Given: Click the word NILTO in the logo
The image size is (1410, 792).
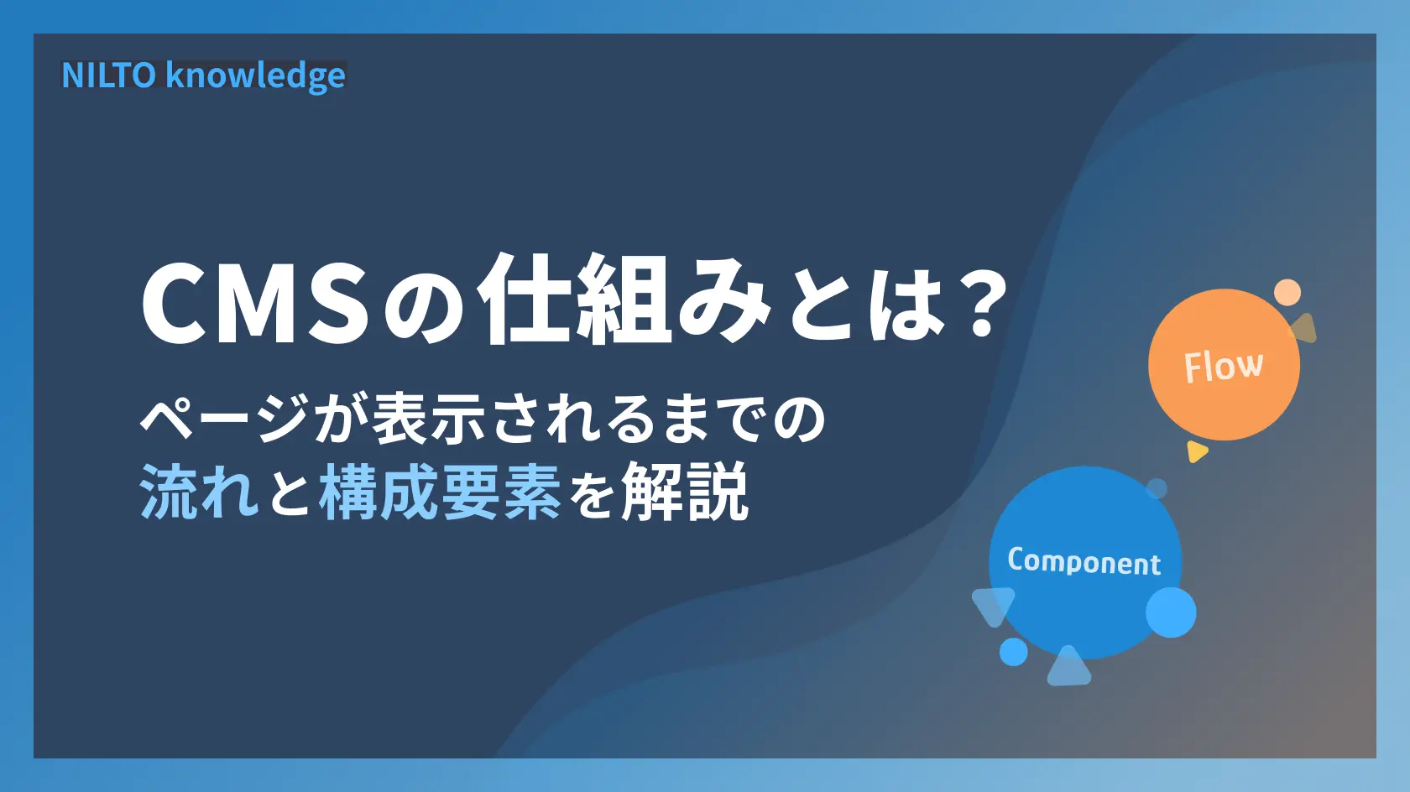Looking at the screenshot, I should pyautogui.click(x=108, y=76).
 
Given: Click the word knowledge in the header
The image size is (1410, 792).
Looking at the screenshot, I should pyautogui.click(x=255, y=76).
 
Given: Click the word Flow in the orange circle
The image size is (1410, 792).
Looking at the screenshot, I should pyautogui.click(x=1223, y=367).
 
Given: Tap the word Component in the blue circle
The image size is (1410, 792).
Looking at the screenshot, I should pyautogui.click(x=1084, y=561).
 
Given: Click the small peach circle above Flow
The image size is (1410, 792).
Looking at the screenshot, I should pyautogui.click(x=1287, y=293).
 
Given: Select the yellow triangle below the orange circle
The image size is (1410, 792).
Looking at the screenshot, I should pyautogui.click(x=1196, y=451).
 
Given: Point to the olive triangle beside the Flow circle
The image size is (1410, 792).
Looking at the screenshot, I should pyautogui.click(x=1303, y=329).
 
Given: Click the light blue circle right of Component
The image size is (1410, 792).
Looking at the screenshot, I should pyautogui.click(x=1171, y=612).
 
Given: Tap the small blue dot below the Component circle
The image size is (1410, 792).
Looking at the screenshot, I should pyautogui.click(x=1013, y=652).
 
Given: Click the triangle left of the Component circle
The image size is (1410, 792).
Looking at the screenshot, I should pyautogui.click(x=993, y=605).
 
